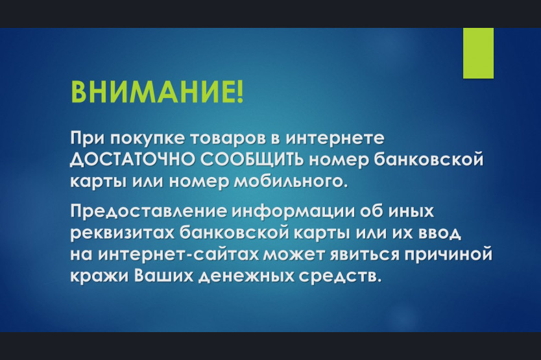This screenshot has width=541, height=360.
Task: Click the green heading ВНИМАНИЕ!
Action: (x=157, y=92)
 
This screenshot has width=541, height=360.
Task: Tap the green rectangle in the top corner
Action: (x=478, y=53)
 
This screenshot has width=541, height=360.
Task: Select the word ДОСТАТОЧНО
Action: (x=132, y=160)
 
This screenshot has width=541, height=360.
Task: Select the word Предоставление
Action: (x=149, y=212)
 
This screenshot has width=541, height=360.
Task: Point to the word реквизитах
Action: (x=123, y=234)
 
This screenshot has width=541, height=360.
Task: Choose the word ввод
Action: (x=440, y=234)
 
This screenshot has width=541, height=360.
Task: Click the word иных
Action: (x=411, y=212)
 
